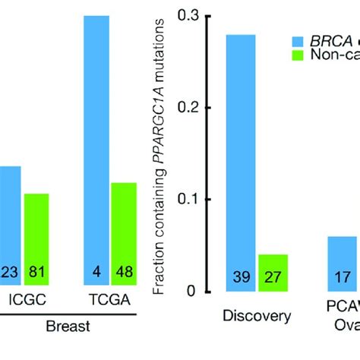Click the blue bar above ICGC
coord(10,228)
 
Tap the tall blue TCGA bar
coord(101,152)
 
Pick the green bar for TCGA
coord(124,235)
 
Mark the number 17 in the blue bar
coord(343,278)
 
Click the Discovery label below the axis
coord(256,316)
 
